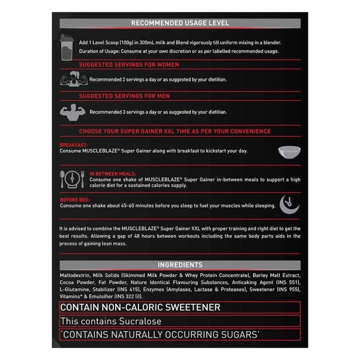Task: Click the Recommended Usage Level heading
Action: click(x=179, y=23)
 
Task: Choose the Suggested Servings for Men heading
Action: click(x=124, y=96)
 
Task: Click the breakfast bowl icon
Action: click(x=289, y=152)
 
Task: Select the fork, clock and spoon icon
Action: click(x=72, y=180)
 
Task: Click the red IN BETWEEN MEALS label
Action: click(x=111, y=174)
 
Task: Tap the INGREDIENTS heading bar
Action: click(x=179, y=265)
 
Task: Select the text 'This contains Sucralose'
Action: click(x=111, y=321)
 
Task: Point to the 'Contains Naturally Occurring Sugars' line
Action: click(x=160, y=334)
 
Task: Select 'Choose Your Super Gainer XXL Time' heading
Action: click(x=174, y=131)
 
